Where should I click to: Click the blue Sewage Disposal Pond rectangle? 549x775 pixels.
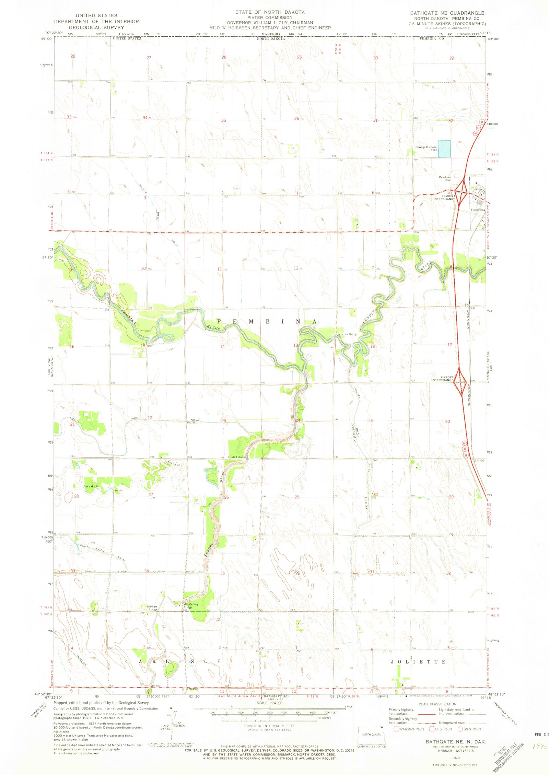click(x=444, y=149)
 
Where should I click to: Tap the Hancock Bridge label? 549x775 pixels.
click(x=347, y=334)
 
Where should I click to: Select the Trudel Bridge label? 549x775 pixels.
click(x=237, y=457)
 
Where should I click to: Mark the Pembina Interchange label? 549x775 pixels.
click(x=444, y=198)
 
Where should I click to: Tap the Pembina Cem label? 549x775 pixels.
click(x=445, y=179)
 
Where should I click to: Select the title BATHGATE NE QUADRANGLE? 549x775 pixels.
click(x=447, y=13)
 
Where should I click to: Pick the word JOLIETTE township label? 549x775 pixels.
click(x=419, y=661)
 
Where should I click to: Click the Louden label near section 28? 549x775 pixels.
click(x=91, y=486)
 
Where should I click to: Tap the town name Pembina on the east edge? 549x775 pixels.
click(x=478, y=210)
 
